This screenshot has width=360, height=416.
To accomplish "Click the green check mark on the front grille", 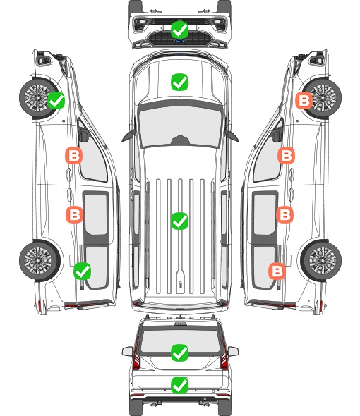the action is pyautogui.click(x=180, y=30).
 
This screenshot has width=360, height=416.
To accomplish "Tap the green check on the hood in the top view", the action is pyautogui.click(x=180, y=82).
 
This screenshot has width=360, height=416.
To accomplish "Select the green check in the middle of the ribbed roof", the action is pyautogui.click(x=180, y=221).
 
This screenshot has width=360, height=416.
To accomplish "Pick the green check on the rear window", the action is pyautogui.click(x=180, y=353).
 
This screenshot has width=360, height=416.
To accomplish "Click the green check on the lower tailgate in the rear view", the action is pyautogui.click(x=180, y=385).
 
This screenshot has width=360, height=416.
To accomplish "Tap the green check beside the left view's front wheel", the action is pyautogui.click(x=56, y=100).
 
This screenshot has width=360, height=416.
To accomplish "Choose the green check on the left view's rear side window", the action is pyautogui.click(x=83, y=271).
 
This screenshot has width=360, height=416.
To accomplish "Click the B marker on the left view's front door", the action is pyautogui.click(x=74, y=155).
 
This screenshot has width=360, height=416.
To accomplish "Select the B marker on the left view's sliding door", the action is pyautogui.click(x=74, y=214).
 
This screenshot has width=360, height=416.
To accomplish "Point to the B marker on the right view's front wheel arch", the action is pyautogui.click(x=304, y=100).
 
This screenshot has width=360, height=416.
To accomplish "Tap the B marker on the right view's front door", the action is pyautogui.click(x=287, y=155).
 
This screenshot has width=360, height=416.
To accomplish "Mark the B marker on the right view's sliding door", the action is pyautogui.click(x=285, y=214).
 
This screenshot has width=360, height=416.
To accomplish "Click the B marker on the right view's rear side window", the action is pyautogui.click(x=277, y=271).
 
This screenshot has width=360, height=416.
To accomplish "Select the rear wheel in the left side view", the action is pyautogui.click(x=40, y=261).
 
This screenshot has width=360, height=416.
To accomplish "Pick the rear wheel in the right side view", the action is pyautogui.click(x=321, y=261).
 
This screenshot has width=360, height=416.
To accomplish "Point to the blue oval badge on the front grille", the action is pyautogui.click(x=180, y=41).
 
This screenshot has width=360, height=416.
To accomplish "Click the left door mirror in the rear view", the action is pyautogui.click(x=128, y=351).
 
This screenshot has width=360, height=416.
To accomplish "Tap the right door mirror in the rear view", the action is pyautogui.click(x=233, y=351).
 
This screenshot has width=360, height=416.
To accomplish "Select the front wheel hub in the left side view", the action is pyautogui.click(x=37, y=97).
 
